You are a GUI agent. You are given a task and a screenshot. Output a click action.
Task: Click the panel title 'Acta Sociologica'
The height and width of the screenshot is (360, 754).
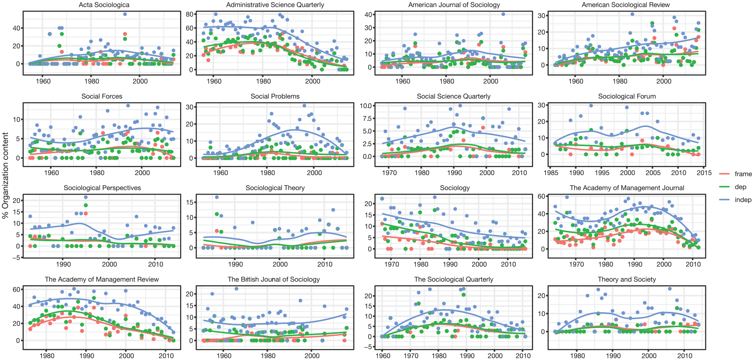(x=104, y=5)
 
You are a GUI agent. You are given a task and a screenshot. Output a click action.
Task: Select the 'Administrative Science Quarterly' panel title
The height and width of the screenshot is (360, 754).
(x=275, y=5)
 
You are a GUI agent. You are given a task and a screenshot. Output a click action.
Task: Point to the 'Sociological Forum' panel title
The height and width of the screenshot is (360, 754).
(x=627, y=96)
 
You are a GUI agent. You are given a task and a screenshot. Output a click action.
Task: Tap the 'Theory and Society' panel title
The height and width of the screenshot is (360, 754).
(x=627, y=279)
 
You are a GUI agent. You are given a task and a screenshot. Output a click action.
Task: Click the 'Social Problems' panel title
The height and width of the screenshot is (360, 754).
(x=275, y=96)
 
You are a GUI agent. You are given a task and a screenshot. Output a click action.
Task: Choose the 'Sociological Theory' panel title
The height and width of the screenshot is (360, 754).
(x=275, y=188)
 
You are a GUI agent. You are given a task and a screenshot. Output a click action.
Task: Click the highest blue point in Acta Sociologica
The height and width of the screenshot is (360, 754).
(x=125, y=14)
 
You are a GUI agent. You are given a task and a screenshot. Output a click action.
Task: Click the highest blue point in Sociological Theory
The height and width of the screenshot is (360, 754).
(x=217, y=197)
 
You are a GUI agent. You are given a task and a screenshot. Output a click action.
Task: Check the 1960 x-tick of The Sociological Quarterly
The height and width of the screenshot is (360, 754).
(x=382, y=356)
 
